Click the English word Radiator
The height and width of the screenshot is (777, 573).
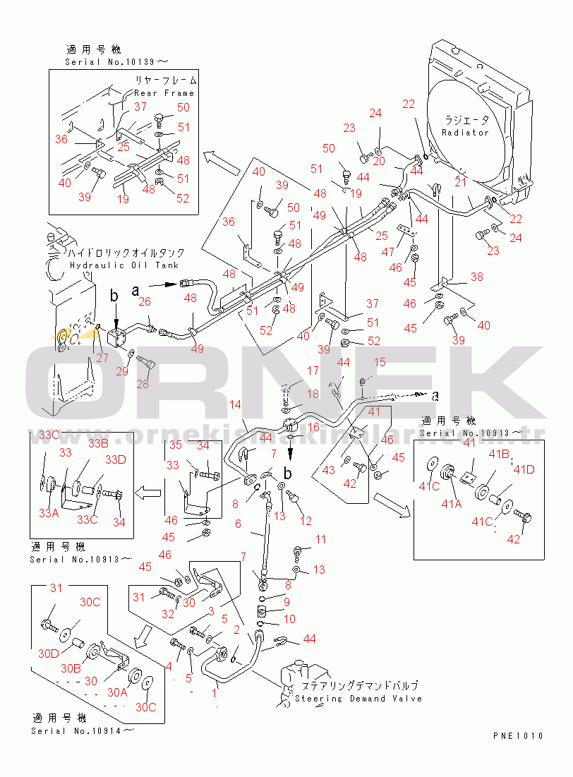point(465,133)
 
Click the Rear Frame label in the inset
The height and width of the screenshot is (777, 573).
point(164,93)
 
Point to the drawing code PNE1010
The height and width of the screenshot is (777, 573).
point(518,736)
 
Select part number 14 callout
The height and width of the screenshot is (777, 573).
point(235,404)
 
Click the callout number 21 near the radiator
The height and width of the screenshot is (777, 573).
point(461,182)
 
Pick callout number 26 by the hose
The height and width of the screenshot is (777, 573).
point(145,302)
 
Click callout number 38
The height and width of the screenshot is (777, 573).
point(477,277)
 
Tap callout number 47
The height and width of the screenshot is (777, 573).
point(387,252)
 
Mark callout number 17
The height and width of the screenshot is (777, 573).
point(312,371)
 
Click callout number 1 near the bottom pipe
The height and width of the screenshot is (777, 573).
point(214,693)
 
